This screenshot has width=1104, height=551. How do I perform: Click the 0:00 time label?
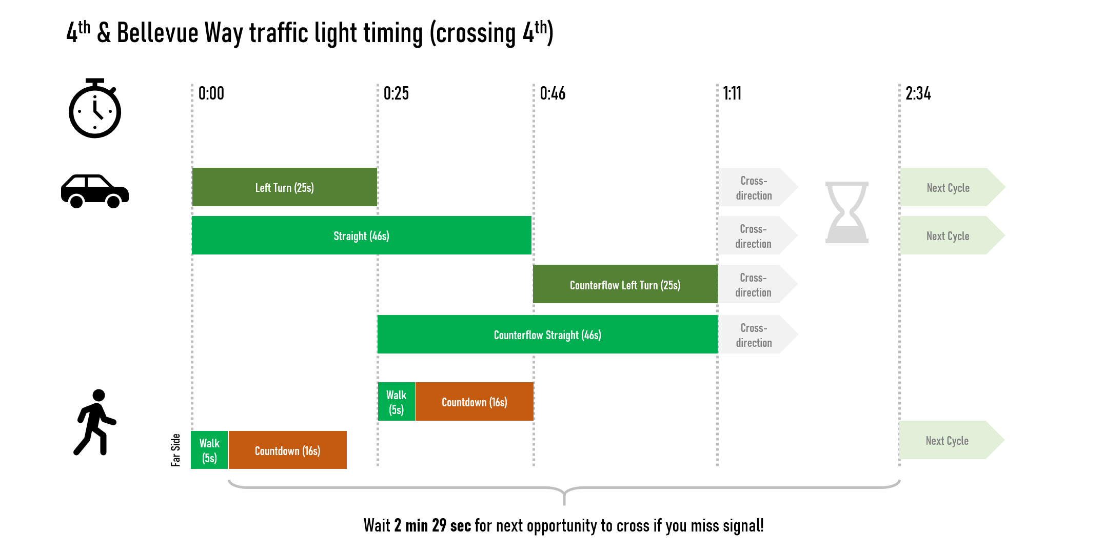211,93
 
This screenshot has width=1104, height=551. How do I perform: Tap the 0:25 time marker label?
396,93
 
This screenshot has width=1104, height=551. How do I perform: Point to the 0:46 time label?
553,93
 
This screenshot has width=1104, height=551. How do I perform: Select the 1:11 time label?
732,93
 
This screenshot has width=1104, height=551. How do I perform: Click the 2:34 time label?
918,93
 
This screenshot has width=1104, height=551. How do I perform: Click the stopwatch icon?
95,109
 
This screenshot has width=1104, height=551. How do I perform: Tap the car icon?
95,191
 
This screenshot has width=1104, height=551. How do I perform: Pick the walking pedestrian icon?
95,422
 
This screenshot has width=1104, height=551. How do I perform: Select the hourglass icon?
846,212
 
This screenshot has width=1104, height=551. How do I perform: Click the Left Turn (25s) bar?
285,187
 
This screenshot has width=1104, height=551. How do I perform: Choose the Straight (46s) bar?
361,235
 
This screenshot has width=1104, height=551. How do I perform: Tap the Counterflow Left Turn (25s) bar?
625,284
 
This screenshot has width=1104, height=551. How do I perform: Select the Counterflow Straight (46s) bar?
547,334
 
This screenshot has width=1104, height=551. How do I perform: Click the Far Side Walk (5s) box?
209,450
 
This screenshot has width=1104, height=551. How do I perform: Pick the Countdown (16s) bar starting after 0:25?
474,402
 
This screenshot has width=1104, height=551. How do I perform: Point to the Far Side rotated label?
175,450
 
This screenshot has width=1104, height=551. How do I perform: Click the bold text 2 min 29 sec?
432,525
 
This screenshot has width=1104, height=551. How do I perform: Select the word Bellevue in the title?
157,33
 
